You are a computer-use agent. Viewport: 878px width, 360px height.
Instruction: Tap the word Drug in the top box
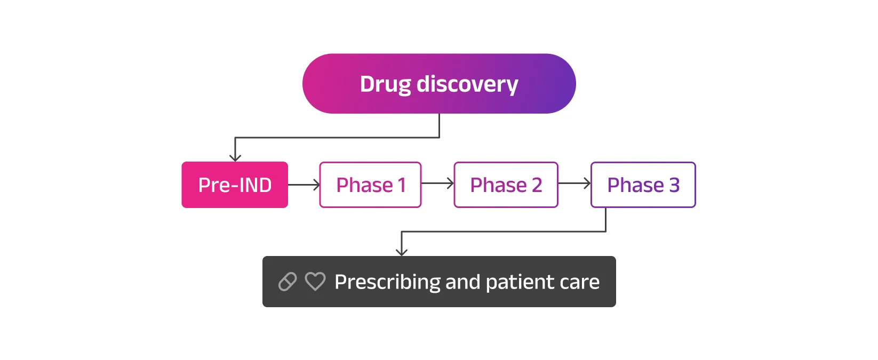point(385,84)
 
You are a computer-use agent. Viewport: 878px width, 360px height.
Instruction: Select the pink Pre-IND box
point(235,185)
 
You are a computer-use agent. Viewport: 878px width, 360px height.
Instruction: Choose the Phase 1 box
point(370,185)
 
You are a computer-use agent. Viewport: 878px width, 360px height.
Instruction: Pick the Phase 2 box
point(506,185)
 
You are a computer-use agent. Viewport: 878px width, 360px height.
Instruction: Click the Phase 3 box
point(643,185)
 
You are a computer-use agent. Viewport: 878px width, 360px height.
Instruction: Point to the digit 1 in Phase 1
point(402,185)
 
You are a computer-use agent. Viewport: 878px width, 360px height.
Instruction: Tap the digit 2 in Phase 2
point(537,185)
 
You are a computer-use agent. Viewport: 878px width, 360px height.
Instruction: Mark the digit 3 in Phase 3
point(674,185)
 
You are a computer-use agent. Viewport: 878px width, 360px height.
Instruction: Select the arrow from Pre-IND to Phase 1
point(304,185)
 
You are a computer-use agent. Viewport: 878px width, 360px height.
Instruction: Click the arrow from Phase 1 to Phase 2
point(437,184)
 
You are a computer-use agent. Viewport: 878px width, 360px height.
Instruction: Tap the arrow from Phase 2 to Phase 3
point(574,184)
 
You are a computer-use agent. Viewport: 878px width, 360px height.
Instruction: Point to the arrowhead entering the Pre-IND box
point(235,157)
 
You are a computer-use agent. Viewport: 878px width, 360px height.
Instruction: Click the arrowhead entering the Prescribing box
point(402,251)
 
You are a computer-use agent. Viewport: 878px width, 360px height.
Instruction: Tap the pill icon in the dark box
point(288,282)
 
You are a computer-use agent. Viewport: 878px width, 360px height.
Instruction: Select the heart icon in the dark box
point(315,281)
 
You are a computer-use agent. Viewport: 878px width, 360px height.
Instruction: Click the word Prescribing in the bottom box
point(387,282)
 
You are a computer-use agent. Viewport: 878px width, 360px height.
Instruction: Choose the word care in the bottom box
point(580,282)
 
